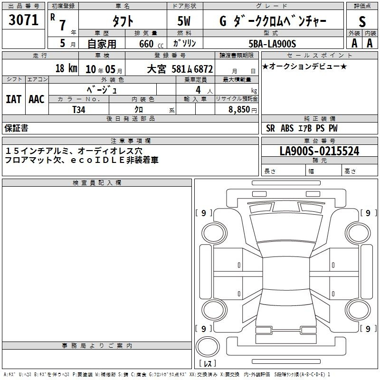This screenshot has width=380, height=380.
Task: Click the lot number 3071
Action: [23, 20]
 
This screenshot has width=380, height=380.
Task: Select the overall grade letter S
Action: [362, 21]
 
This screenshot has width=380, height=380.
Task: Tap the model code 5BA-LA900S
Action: [272, 44]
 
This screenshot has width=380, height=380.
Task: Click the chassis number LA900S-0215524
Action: [319, 151]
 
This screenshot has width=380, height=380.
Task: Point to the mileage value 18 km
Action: [66, 68]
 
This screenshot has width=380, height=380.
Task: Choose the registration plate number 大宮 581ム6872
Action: [180, 69]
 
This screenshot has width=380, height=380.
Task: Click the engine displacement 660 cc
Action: [151, 44]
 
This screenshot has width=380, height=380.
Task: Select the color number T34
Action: [79, 110]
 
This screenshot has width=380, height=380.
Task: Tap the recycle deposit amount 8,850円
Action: [243, 110]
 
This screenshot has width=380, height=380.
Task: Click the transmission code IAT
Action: [14, 99]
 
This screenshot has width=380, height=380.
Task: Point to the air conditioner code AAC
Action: [37, 99]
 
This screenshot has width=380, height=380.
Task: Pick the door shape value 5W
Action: [184, 21]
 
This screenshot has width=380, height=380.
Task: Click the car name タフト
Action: [123, 21]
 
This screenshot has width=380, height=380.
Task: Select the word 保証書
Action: [16, 128]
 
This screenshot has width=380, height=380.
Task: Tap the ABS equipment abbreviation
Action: [287, 128]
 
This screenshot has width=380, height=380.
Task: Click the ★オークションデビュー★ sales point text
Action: [304, 66]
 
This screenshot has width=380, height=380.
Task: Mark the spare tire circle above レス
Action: [208, 347]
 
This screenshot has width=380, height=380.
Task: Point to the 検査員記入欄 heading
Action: [97, 183]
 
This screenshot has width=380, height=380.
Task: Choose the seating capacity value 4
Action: [198, 90]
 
